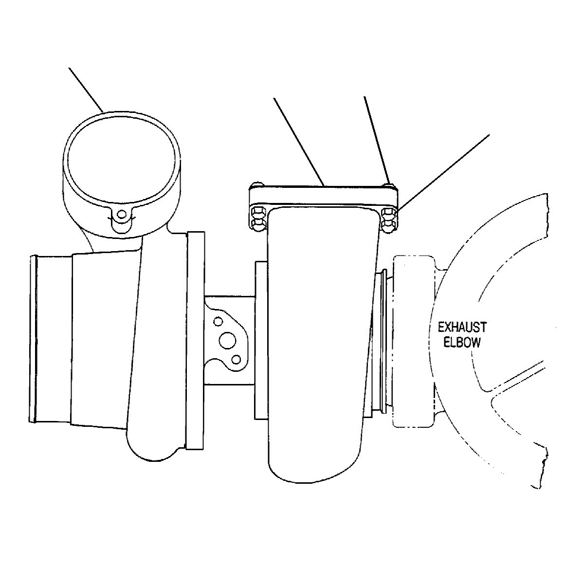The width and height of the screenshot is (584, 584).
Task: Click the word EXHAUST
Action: (x=462, y=328)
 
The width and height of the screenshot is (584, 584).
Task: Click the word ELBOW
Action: (x=462, y=342)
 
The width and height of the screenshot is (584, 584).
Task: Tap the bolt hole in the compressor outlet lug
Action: (x=122, y=214)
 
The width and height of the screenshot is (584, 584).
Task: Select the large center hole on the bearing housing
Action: (x=227, y=340)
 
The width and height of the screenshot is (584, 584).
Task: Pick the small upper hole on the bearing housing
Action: (x=218, y=321)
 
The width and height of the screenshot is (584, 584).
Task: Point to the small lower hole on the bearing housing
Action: (x=236, y=360)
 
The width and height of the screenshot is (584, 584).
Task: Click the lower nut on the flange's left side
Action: (x=258, y=225)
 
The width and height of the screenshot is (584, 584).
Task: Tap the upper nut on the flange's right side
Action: (x=388, y=214)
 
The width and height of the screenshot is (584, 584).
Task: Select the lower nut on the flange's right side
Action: (x=388, y=226)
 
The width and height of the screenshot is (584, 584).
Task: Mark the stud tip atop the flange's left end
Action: (x=258, y=184)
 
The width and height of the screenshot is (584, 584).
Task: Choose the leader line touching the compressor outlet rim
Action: (x=86, y=90)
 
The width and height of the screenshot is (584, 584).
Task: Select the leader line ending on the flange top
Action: (x=299, y=142)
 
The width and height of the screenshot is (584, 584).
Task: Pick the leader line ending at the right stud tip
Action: (x=377, y=140)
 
